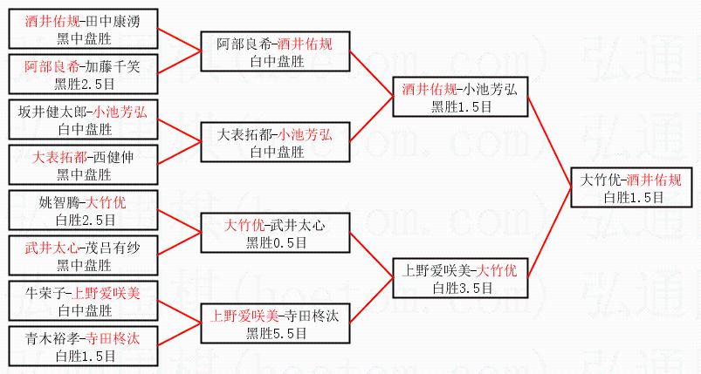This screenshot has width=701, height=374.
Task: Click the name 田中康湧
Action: coord(108,20)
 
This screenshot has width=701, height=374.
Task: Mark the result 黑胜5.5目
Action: coord(274,332)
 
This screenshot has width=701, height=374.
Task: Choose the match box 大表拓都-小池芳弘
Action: coord(274,142)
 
